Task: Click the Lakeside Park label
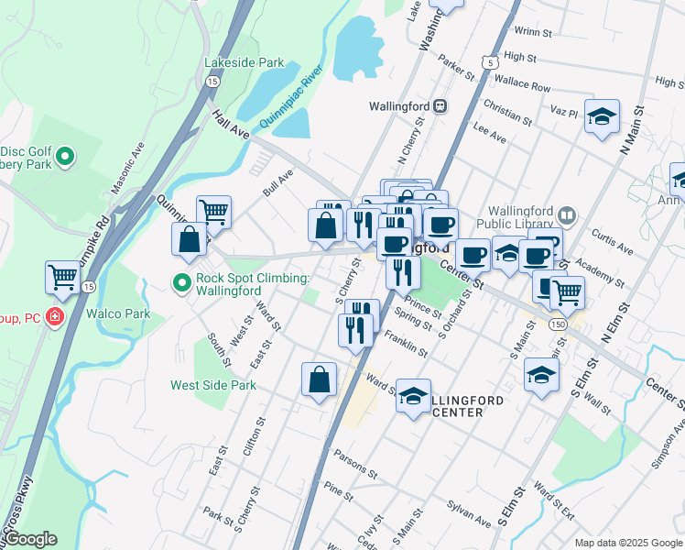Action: [244, 63]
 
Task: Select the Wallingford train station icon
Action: [440, 106]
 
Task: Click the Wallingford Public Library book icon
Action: [567, 215]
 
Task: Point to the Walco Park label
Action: [118, 313]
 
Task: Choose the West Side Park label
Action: [213, 385]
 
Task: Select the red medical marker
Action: [56, 318]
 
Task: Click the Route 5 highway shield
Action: [492, 62]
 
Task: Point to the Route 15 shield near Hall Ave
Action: [212, 82]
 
